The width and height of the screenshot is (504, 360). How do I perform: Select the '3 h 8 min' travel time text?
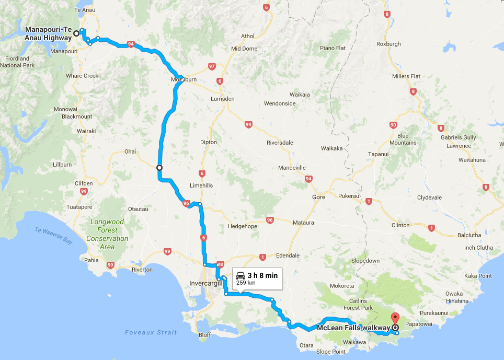262,275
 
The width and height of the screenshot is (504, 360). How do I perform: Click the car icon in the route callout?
240,275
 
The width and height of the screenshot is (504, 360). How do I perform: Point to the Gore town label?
318,197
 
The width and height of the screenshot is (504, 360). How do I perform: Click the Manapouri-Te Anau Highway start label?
48,33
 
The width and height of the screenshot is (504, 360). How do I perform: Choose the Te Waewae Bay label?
54,233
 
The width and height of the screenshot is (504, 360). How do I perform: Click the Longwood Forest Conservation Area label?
107,230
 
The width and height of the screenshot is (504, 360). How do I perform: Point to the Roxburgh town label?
388,44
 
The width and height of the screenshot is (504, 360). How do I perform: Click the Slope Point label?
331,352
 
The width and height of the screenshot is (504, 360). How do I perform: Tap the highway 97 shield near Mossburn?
212,66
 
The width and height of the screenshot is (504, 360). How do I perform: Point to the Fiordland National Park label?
17,62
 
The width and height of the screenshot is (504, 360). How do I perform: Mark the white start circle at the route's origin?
76,33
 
